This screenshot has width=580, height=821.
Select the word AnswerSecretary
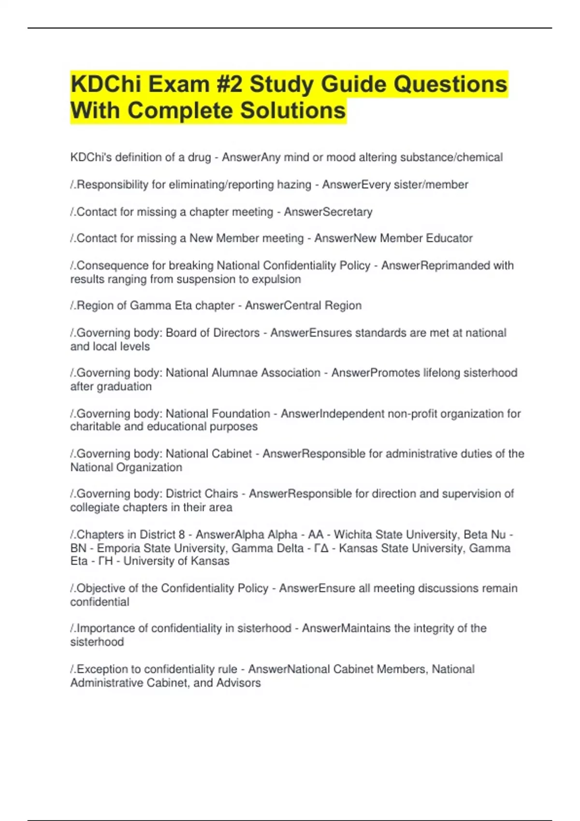328,212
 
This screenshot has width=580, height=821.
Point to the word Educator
449,238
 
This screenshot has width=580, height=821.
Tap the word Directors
237,333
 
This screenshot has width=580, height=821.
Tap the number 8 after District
182,535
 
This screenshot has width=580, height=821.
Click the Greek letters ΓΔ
321,548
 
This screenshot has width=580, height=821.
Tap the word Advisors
238,683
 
